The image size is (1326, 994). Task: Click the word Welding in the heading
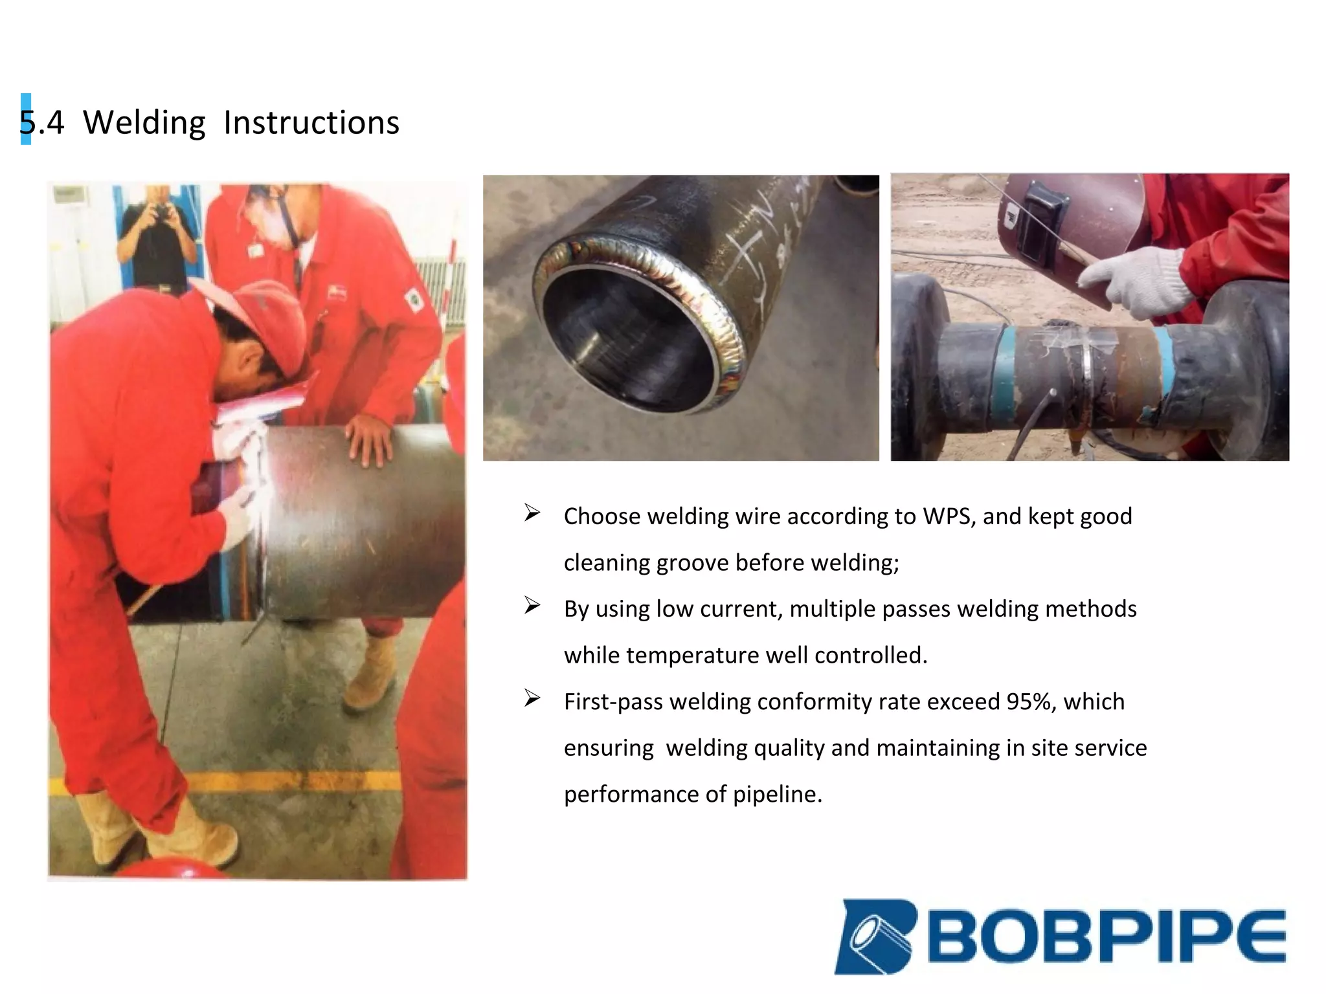(x=144, y=122)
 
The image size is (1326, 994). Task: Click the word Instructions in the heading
(x=311, y=122)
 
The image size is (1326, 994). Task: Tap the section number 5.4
(x=42, y=122)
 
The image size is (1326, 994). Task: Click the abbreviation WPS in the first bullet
(x=948, y=516)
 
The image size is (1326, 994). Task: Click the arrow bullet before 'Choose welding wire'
(x=532, y=514)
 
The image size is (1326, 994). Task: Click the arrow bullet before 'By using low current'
(x=532, y=606)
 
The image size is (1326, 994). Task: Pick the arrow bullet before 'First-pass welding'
(x=532, y=699)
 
